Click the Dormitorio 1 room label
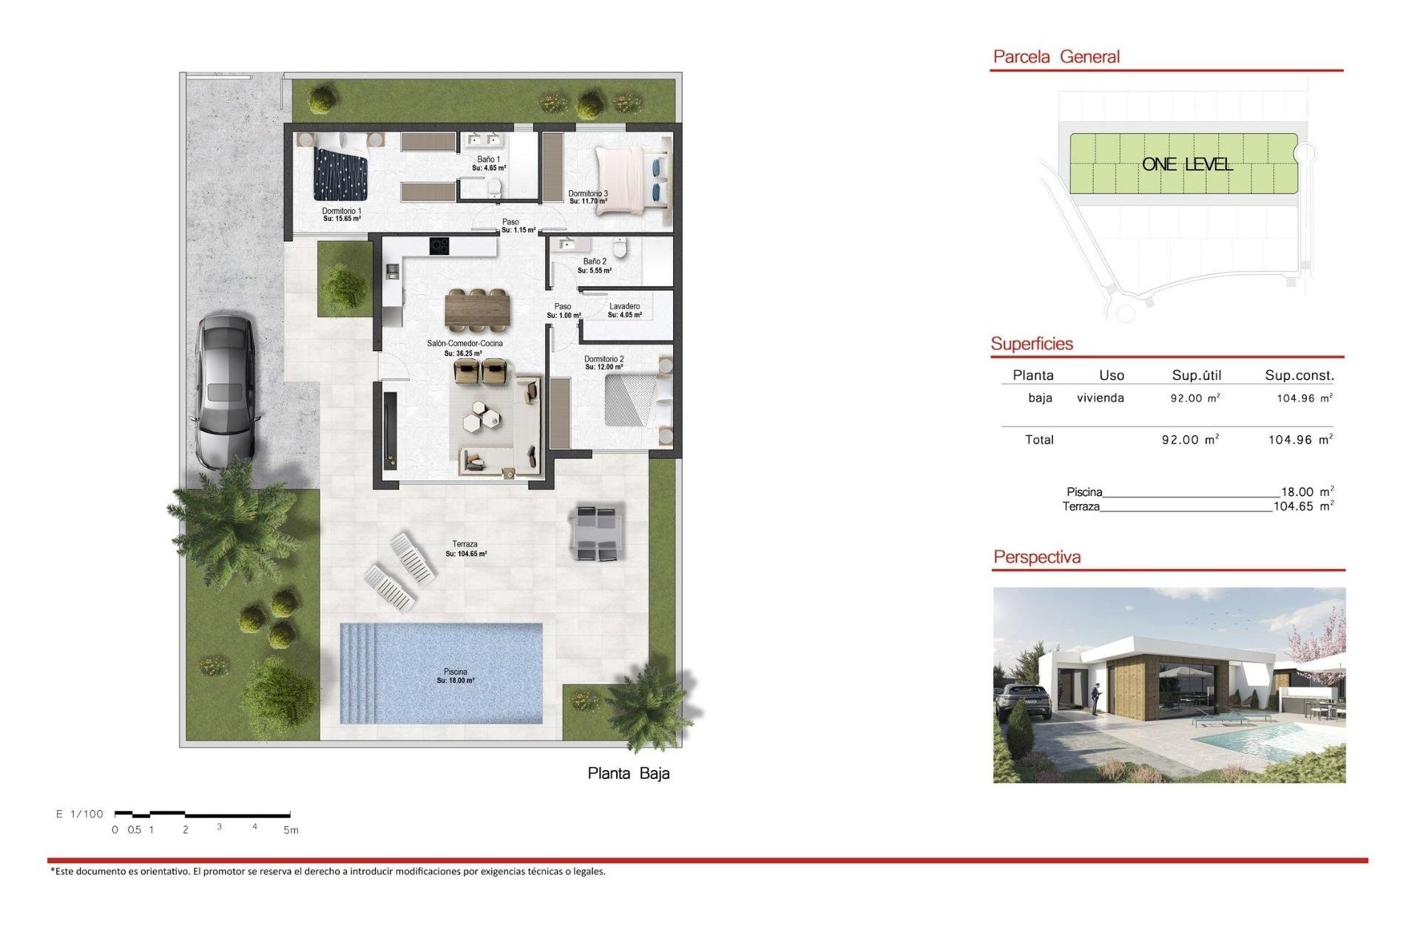[x=342, y=211]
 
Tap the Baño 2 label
[x=595, y=262]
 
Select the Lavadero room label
[x=625, y=307]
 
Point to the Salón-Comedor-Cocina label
[x=464, y=344]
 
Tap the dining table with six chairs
[x=478, y=309]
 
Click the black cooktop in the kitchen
[x=439, y=245]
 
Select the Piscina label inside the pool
[x=456, y=672]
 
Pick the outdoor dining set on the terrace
[x=596, y=532]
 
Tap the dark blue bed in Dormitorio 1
[x=340, y=174]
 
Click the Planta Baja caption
[x=629, y=774]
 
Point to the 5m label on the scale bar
[x=291, y=831]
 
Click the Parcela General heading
[x=1056, y=57]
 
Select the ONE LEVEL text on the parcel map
[x=1187, y=164]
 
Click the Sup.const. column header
[x=1299, y=375]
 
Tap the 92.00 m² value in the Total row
[x=1190, y=440]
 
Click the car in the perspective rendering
[x=1024, y=701]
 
